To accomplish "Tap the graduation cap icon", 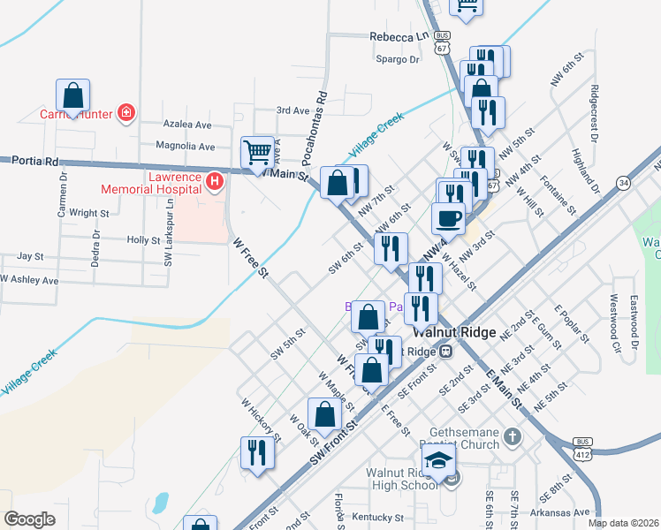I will pos(438,459).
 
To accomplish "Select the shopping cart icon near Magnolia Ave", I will pos(258,151).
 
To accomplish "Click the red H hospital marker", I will pos(213,182).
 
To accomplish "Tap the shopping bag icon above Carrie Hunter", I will pos(73,95).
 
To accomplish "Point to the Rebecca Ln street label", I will pos(398,37).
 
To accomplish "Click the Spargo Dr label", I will pos(398,59).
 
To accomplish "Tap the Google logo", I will pos(29,519).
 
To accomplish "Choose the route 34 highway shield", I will pos(624,183).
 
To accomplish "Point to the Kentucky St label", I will pos(376,517).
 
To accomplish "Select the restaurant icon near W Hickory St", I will pos(257,452).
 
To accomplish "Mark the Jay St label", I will pos(31,256).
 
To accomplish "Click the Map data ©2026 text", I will pos(623,523).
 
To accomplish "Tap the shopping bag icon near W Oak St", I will pos(325,414).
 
